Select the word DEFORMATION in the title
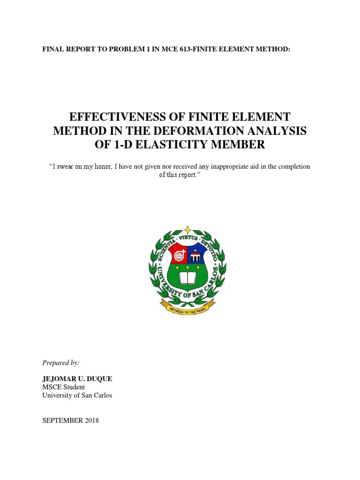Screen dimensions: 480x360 pyautogui.click(x=190, y=131)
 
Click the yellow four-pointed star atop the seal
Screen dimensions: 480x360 pyautogui.click(x=187, y=230)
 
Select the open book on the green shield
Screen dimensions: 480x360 pyautogui.click(x=187, y=279)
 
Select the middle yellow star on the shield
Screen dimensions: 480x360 pyautogui.click(x=187, y=268)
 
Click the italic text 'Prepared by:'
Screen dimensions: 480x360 pyautogui.click(x=61, y=363)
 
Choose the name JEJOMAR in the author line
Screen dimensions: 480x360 pyautogui.click(x=59, y=379)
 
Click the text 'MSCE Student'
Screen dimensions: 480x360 pyautogui.click(x=64, y=387)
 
